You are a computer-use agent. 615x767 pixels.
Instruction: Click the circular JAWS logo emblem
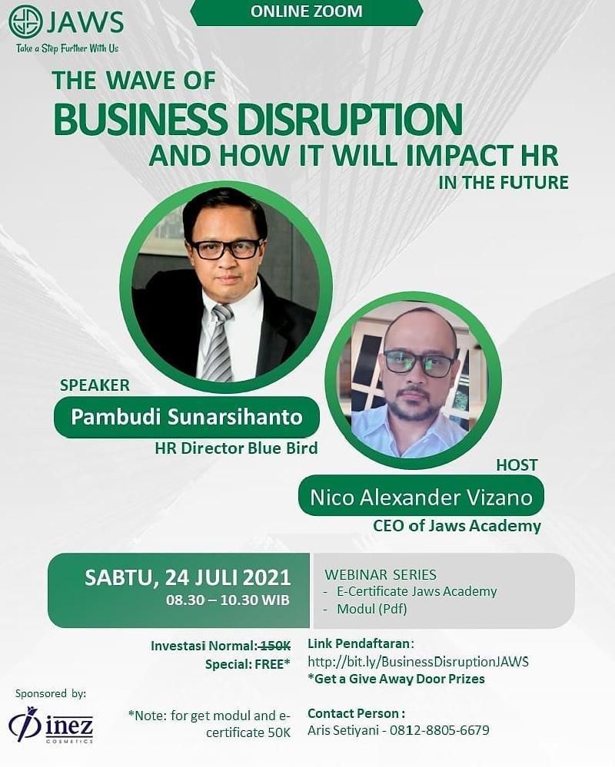tap(25, 22)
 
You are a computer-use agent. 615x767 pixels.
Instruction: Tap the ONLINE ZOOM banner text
tap(307, 12)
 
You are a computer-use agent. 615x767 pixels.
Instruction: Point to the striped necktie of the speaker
tap(218, 342)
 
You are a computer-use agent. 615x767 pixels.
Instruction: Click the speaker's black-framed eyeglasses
tap(226, 249)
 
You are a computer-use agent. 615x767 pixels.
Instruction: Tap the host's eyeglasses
tap(419, 363)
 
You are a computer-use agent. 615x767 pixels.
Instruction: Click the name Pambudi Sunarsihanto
tap(187, 417)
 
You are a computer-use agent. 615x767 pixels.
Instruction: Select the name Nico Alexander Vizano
tap(421, 498)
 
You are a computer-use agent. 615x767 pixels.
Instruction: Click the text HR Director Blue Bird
tap(236, 448)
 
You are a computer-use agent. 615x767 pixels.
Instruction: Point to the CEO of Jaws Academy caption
tap(457, 526)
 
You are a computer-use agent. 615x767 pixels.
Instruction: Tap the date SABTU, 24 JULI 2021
tap(188, 577)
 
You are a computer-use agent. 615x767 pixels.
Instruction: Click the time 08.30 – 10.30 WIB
tap(228, 600)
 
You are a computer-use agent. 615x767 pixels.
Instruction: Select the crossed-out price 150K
tap(274, 646)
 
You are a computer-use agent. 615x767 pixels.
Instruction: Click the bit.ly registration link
tap(418, 662)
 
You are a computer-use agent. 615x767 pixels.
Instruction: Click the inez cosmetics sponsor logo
tap(51, 726)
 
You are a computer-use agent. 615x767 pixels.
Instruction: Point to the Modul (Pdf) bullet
tap(371, 609)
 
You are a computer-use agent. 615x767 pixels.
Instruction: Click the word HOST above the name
tap(517, 464)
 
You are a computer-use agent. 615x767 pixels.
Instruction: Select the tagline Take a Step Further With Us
tap(67, 48)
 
